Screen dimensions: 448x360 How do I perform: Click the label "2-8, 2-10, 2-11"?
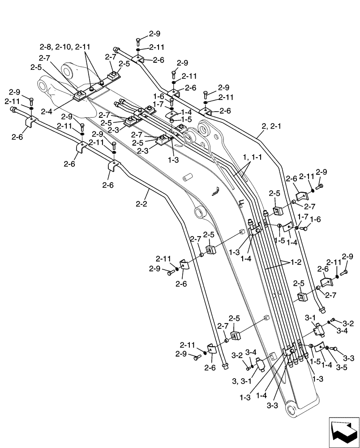[65, 47]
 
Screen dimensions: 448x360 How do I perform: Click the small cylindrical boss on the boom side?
[187, 178]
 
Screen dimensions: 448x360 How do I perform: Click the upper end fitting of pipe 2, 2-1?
[117, 51]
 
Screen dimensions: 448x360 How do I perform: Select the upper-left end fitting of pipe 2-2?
[14, 109]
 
